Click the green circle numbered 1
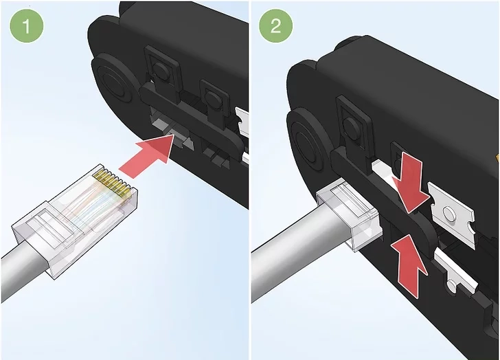click(x=27, y=26)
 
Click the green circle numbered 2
click(x=276, y=25)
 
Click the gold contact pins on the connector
click(x=112, y=182)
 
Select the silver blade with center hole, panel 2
click(x=451, y=214)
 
